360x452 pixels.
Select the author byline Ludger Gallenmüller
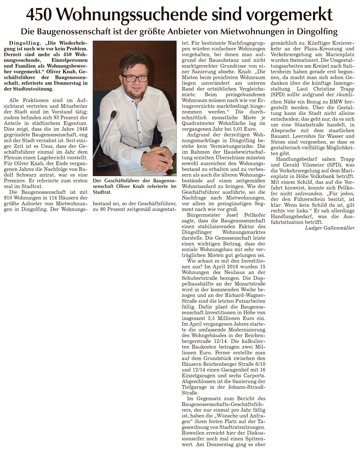pos(329,228)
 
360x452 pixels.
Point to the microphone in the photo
pos(113,115)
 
